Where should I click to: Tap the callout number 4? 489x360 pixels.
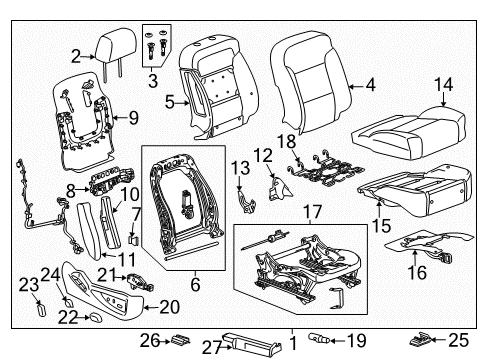point(370,87)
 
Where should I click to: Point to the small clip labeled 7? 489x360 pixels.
point(134,239)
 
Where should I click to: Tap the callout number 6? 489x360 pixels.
point(195,285)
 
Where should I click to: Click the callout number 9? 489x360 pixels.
point(133,117)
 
